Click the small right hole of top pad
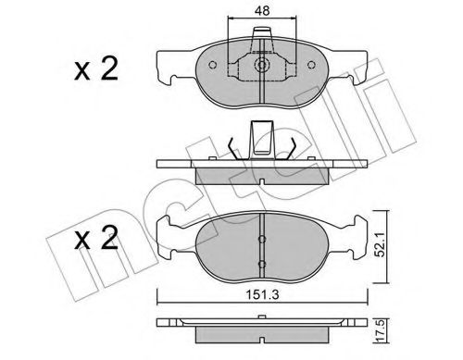tap(309, 66)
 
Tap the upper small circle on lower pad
tap(260, 238)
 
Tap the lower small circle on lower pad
tap(260, 263)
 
